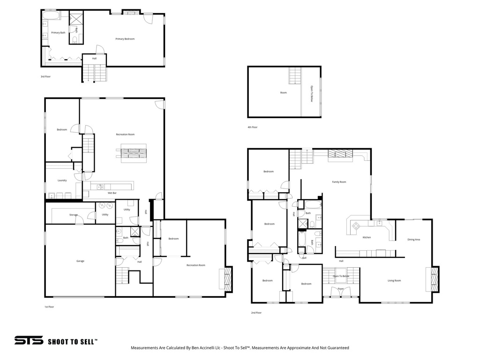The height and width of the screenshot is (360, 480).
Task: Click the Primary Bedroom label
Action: click(x=125, y=39)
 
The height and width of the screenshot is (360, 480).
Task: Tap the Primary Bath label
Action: click(x=59, y=33)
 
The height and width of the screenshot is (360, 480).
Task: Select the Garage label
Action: click(x=80, y=261)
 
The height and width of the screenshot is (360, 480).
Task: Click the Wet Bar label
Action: click(x=112, y=193)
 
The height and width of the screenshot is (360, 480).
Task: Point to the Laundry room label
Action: click(x=62, y=180)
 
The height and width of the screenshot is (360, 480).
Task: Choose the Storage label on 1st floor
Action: click(x=74, y=215)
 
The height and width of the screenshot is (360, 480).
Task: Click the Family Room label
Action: click(x=339, y=182)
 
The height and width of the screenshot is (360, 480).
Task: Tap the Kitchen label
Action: click(x=367, y=237)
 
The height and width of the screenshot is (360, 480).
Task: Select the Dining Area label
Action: click(x=413, y=240)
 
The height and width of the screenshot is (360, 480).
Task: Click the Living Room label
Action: click(x=394, y=281)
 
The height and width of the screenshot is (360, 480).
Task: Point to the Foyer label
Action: click(x=341, y=289)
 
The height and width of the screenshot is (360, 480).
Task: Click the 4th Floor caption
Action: click(x=252, y=127)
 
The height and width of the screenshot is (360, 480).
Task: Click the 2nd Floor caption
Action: click(x=256, y=313)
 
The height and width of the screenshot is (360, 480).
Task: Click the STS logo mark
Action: click(x=29, y=341)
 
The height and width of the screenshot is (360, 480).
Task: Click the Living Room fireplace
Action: click(x=435, y=280)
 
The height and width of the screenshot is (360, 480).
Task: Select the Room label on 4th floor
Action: click(x=283, y=93)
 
